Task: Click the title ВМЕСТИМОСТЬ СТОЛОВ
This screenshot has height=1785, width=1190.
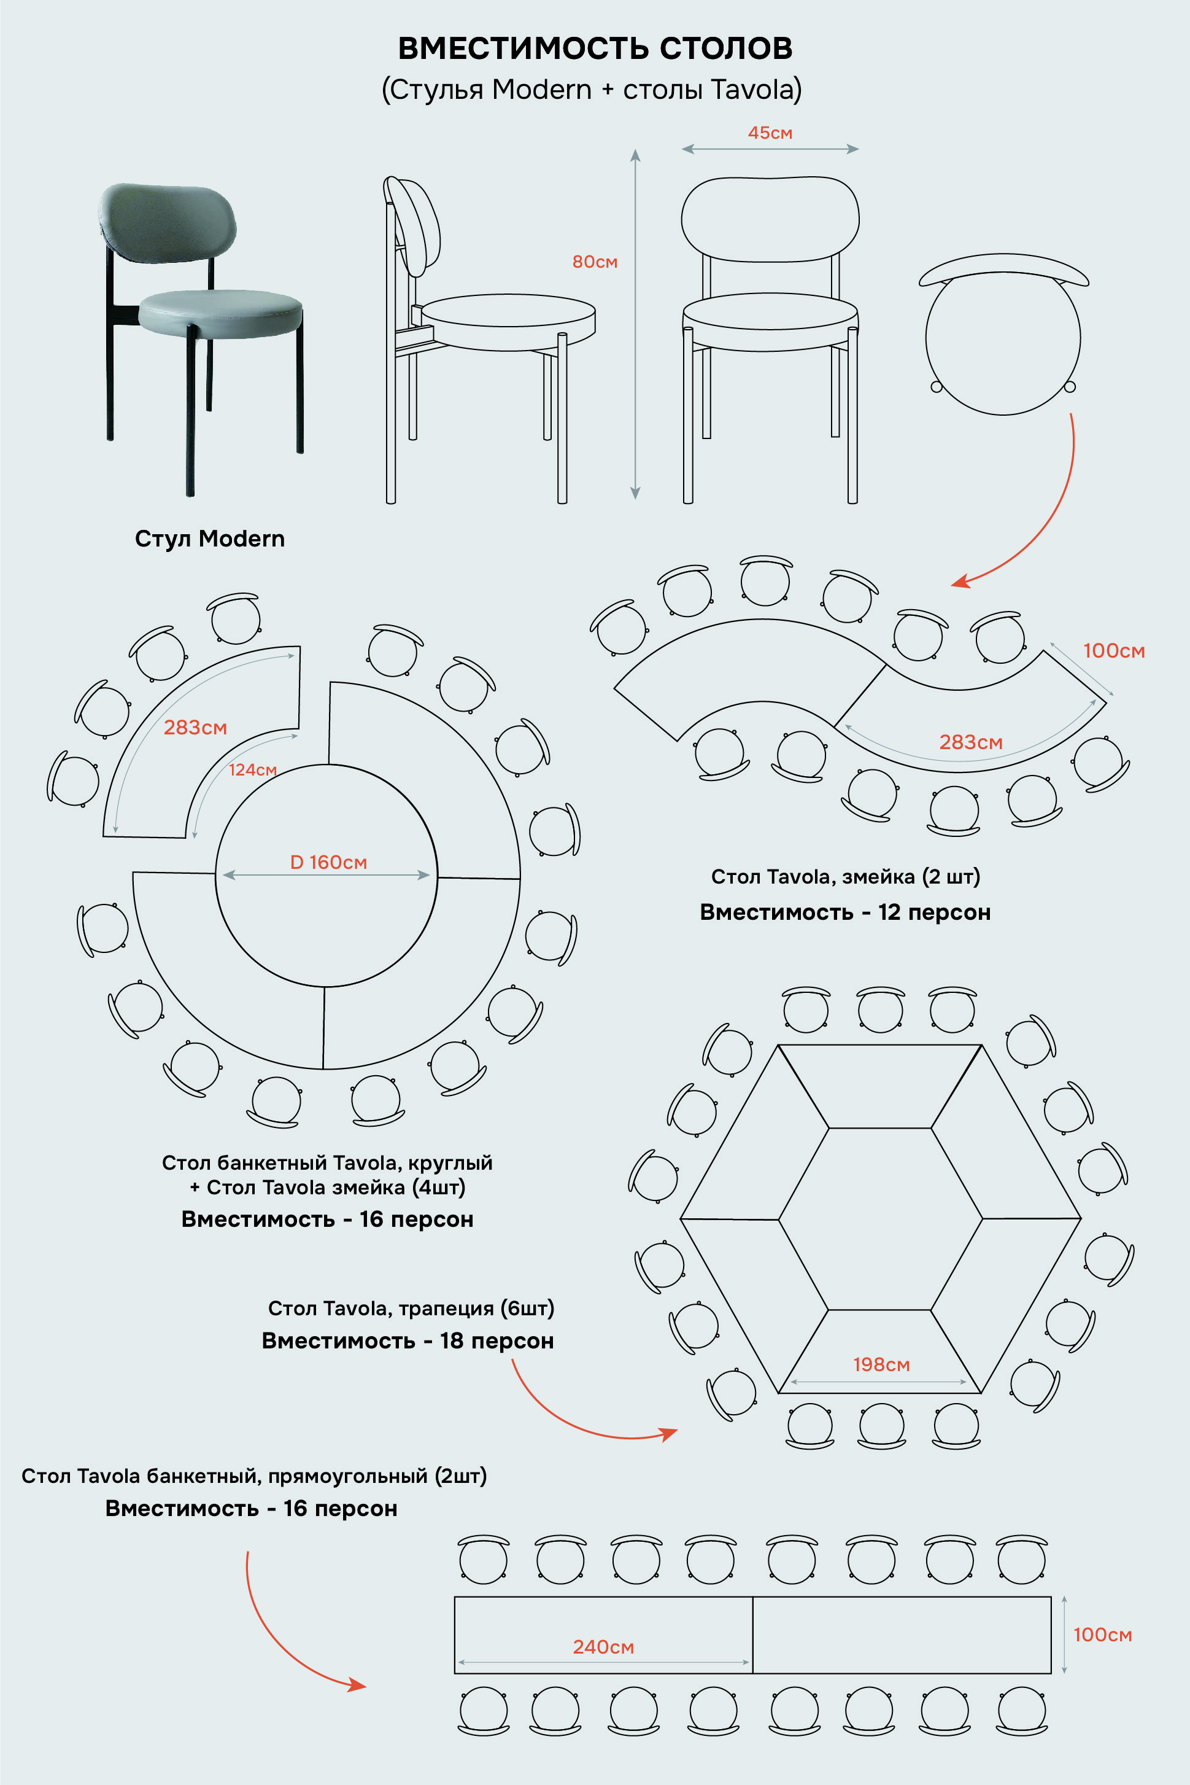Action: (595, 48)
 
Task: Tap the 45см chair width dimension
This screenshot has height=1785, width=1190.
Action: (770, 133)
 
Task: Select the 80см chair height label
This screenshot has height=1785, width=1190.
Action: (595, 262)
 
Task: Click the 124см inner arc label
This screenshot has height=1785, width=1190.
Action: (253, 770)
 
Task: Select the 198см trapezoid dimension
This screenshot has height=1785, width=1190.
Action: (881, 1364)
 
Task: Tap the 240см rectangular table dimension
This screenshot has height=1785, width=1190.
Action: (603, 1647)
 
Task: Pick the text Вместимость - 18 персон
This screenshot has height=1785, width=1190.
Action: (408, 1341)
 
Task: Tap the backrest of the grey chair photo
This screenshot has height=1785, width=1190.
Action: (167, 222)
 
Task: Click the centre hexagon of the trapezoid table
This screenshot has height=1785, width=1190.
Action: (880, 1219)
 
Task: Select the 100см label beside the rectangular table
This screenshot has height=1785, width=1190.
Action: (1103, 1635)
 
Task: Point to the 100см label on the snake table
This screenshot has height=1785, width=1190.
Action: (1114, 651)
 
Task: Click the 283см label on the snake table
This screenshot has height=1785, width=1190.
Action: (971, 742)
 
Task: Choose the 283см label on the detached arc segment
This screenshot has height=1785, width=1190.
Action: (195, 728)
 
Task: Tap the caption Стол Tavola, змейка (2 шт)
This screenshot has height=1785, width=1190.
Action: (846, 877)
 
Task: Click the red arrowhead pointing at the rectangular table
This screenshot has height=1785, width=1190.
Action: (357, 1685)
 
